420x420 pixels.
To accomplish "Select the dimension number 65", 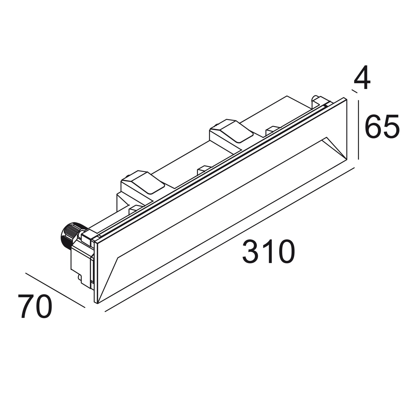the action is point(382,127).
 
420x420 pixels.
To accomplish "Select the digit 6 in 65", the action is point(373,127).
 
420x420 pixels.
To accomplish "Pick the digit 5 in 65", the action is point(391,127).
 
